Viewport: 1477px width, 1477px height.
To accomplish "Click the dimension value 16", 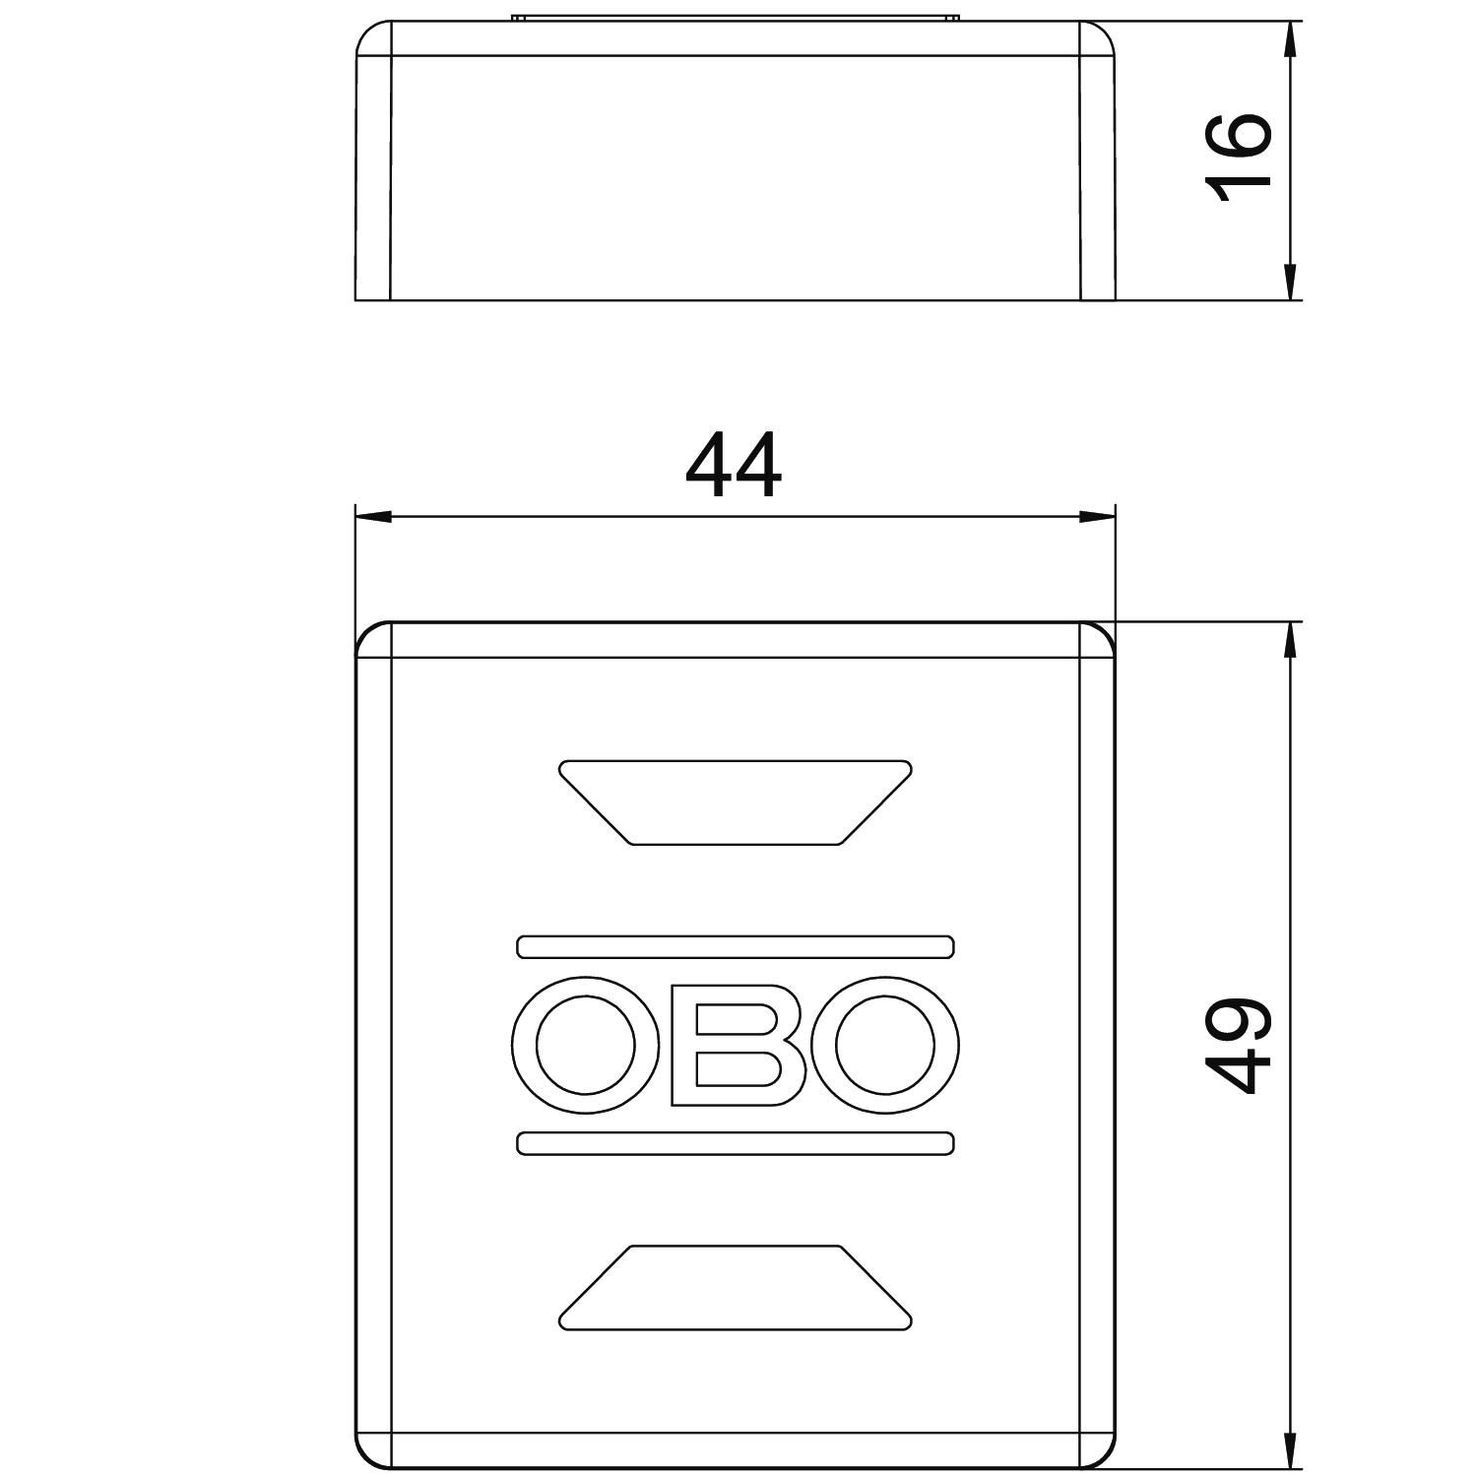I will click(x=1239, y=158).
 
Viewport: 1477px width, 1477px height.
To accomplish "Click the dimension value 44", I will click(x=734, y=468).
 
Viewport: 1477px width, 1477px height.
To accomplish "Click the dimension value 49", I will click(x=1239, y=1046).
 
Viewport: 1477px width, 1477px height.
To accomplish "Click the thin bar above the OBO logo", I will click(x=736, y=946).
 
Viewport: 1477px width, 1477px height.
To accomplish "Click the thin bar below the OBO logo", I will click(x=736, y=1143).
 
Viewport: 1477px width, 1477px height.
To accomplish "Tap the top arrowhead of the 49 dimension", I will click(x=1289, y=640).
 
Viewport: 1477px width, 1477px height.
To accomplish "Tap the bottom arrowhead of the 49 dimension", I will click(x=1289, y=1449).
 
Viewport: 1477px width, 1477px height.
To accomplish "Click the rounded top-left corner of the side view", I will click(x=366, y=32).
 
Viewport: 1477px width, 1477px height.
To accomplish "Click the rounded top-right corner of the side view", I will click(x=1105, y=32).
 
